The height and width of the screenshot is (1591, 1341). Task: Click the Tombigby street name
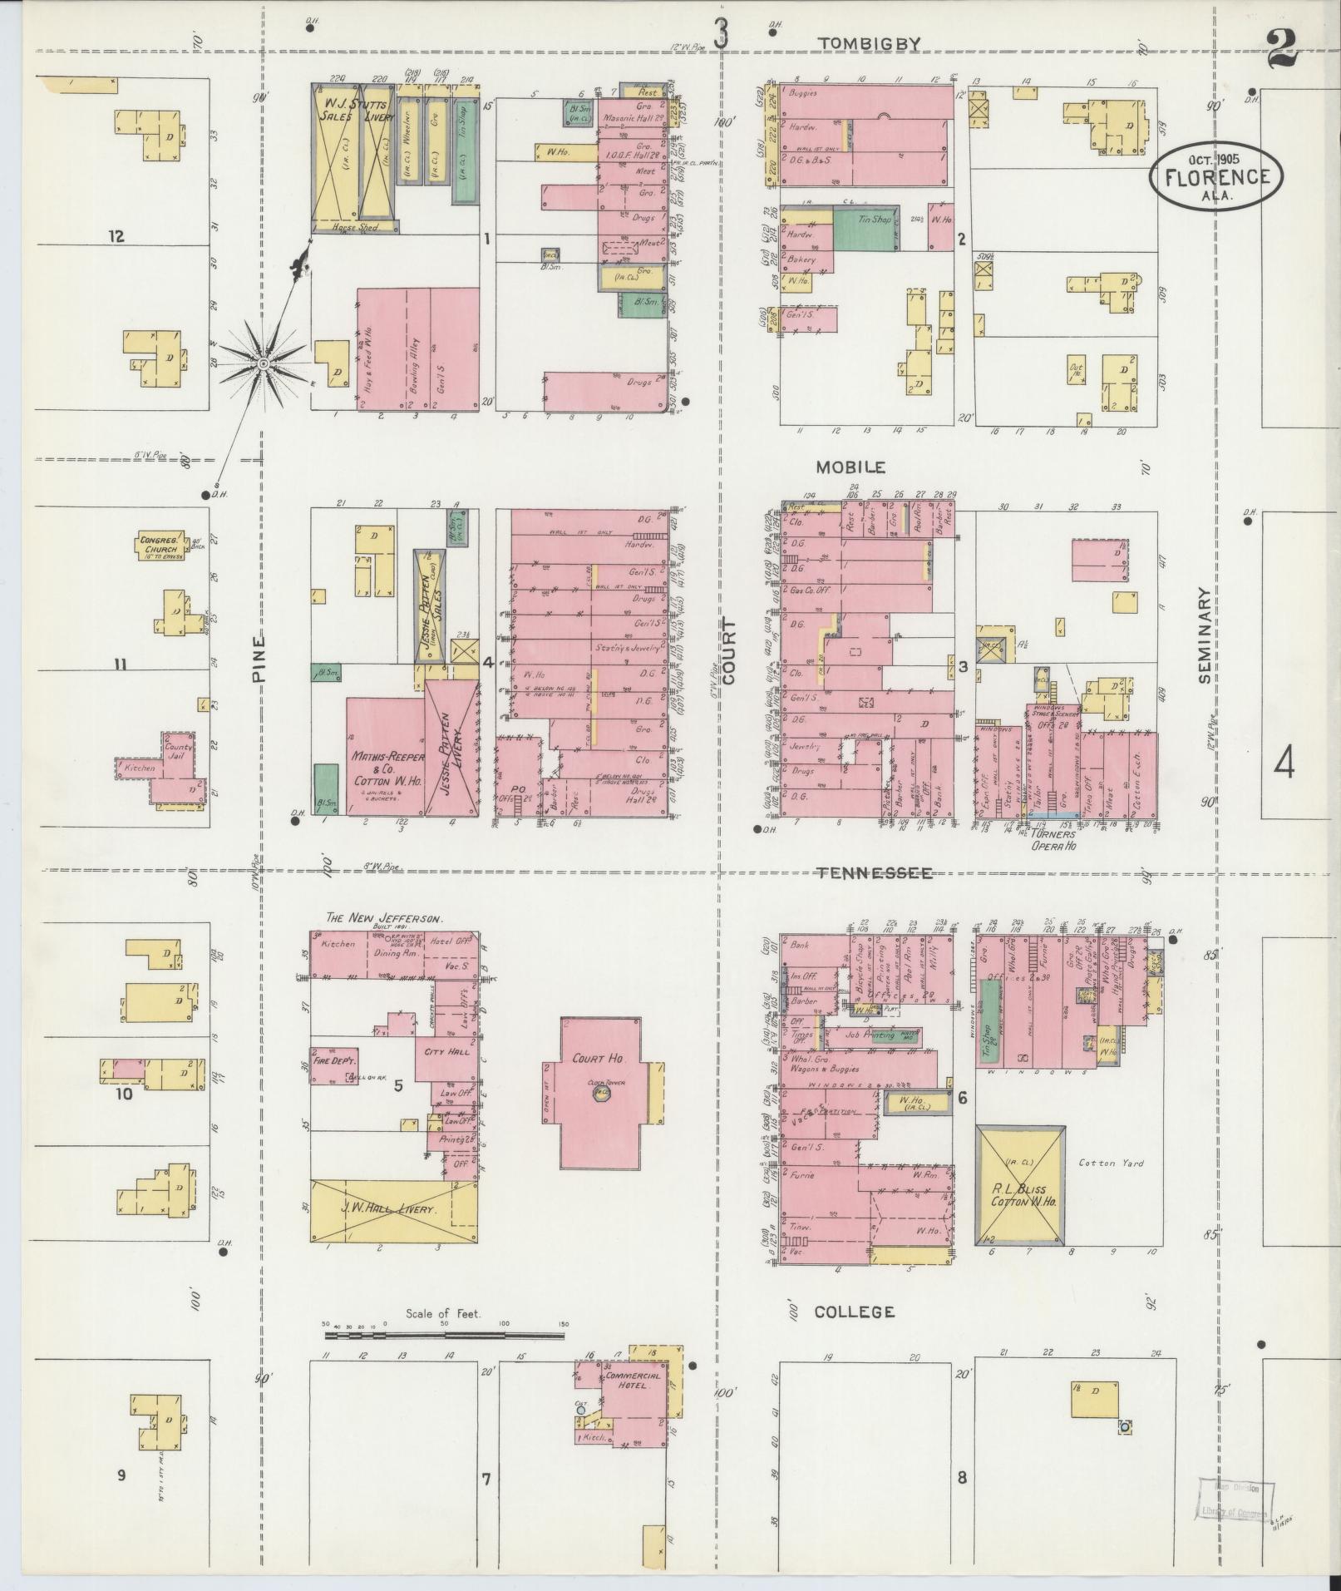(x=868, y=44)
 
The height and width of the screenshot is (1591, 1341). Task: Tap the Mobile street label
(x=850, y=467)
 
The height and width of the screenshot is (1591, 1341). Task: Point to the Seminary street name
(x=1206, y=636)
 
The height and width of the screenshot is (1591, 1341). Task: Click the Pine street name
(x=259, y=660)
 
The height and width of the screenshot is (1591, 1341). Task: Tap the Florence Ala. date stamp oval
(x=1217, y=175)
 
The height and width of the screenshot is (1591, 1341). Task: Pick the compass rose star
(x=263, y=363)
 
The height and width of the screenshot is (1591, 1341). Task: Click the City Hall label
(x=447, y=1051)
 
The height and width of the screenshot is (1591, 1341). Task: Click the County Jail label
(x=179, y=752)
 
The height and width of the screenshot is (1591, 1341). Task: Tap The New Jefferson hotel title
(x=384, y=918)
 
